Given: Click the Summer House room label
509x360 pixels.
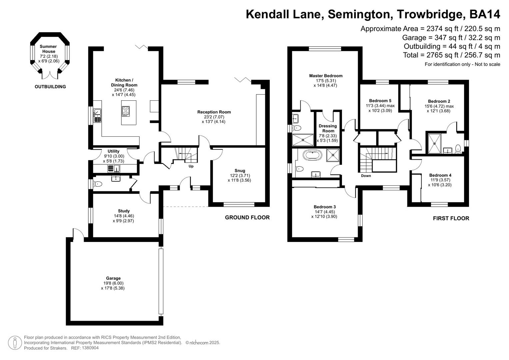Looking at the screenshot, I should [48, 49].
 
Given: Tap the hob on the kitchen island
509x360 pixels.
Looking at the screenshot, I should [126, 111].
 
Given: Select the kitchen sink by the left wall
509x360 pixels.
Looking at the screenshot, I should [97, 115].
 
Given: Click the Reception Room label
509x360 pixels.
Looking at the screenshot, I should [214, 112].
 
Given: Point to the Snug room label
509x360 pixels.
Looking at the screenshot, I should [239, 171].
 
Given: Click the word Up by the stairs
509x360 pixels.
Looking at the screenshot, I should [191, 166].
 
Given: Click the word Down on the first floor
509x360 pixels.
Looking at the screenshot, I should [366, 176].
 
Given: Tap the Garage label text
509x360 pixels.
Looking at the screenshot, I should [113, 278].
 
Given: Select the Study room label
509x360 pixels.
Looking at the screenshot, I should [124, 211].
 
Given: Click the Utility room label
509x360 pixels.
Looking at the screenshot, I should [113, 151].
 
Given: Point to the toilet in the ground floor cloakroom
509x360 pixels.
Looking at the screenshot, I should [97, 184].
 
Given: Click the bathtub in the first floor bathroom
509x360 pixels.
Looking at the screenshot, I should [312, 155].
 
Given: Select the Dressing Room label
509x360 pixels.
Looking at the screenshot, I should [328, 128].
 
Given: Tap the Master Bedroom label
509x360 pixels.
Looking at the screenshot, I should [326, 76].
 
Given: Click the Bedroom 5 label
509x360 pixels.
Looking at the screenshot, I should [380, 101].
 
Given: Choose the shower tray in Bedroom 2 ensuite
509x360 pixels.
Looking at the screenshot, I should [435, 143].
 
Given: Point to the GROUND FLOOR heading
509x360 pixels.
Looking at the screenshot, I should [247, 217].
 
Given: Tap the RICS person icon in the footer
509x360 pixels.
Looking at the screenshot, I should [15, 343].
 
